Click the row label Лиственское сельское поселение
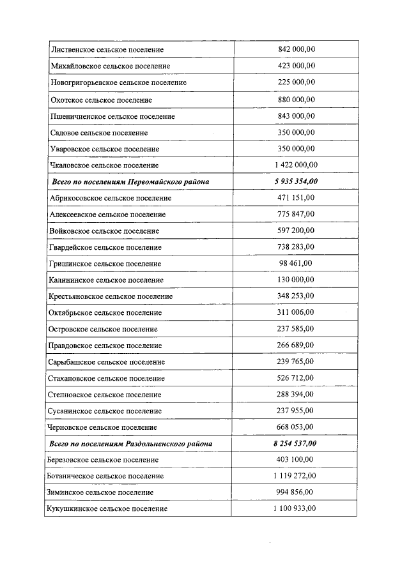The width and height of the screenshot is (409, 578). tap(107, 49)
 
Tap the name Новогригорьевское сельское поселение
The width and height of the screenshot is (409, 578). tap(118, 82)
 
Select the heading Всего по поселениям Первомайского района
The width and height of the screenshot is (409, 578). tap(130, 182)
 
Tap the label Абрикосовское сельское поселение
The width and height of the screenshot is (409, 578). tap(110, 198)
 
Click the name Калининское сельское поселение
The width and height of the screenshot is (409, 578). tap(106, 280)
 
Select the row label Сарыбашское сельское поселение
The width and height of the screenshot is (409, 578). tap(107, 361)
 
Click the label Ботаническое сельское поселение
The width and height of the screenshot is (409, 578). tap(105, 476)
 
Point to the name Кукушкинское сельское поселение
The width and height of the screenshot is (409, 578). tap(107, 508)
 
